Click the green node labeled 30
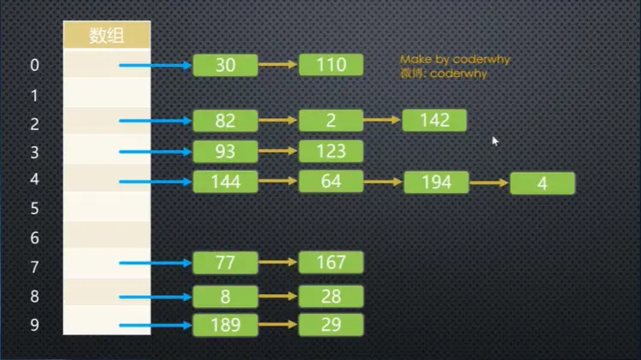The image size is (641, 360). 226,65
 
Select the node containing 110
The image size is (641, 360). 331,65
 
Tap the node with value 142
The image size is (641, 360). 434,121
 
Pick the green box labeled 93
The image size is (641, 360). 226,152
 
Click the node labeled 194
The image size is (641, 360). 436,183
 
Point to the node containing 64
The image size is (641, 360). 331,181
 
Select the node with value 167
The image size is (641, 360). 331,263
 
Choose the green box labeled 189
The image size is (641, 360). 226,325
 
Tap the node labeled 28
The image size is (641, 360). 331,297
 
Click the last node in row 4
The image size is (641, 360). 542,184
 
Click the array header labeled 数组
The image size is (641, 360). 108,36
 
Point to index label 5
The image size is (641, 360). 35,209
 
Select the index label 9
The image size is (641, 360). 35,326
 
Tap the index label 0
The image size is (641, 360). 35,66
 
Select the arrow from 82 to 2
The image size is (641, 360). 278,121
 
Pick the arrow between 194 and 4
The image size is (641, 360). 490,183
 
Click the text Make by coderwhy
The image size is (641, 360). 454,60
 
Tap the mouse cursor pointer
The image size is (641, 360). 495,140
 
